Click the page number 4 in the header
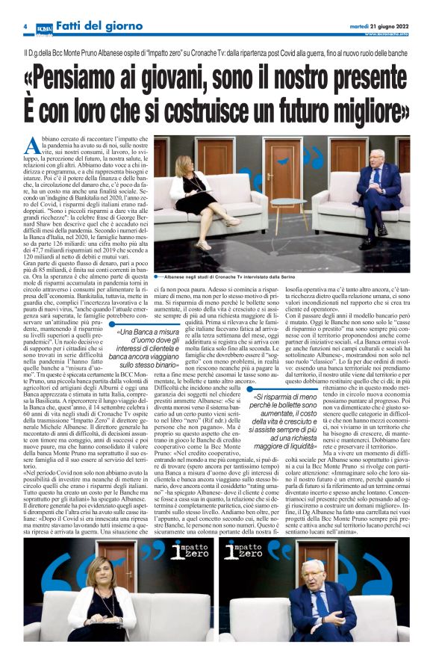(25, 26)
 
